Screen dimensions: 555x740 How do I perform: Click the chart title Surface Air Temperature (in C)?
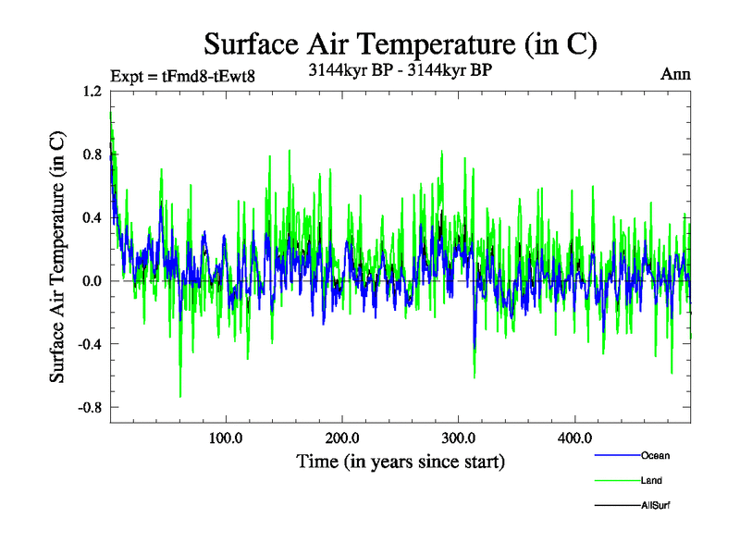(400, 44)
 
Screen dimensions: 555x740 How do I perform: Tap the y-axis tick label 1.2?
(91, 92)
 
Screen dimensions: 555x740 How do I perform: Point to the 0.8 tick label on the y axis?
(91, 154)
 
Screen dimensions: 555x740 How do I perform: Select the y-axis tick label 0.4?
(91, 218)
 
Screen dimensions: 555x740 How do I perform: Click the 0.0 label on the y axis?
(91, 281)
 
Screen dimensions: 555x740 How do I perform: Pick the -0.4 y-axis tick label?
(89, 344)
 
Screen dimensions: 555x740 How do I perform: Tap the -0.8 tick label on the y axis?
(89, 407)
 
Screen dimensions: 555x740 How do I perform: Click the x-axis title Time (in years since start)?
(401, 461)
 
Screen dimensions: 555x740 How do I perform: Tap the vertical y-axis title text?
(57, 257)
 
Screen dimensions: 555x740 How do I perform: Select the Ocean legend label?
(654, 455)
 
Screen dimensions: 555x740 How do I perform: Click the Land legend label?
(651, 480)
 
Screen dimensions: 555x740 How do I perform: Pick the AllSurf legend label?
(654, 505)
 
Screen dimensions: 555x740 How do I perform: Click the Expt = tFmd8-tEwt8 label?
(181, 76)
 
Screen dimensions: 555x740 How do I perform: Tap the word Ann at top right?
(675, 74)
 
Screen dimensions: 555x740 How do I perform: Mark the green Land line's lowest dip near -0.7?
(180, 396)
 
